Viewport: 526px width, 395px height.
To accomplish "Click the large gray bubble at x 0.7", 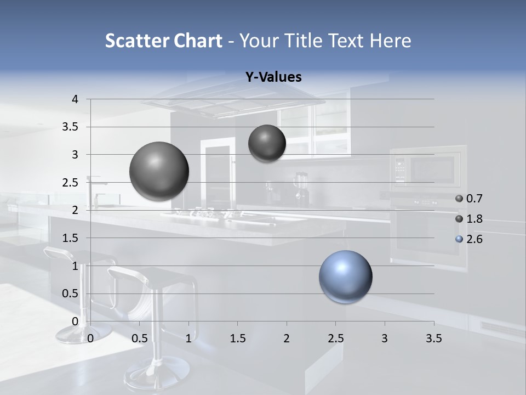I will [x=159, y=171].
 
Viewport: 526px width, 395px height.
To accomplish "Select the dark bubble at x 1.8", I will [x=267, y=143].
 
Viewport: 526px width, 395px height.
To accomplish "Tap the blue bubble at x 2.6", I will [x=345, y=276].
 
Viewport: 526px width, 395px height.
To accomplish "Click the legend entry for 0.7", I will [x=469, y=199].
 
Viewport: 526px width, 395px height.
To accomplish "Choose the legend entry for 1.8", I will [x=469, y=219].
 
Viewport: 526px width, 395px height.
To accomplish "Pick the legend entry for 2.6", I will [x=469, y=239].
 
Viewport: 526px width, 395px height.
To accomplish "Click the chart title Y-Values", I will [x=273, y=77].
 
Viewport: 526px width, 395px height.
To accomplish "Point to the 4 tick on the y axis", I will [x=76, y=99].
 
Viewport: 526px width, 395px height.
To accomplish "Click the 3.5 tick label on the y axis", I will [x=70, y=127].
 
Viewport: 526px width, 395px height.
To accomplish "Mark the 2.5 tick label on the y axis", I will [x=70, y=183].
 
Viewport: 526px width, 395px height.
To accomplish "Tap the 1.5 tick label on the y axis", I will [x=70, y=238].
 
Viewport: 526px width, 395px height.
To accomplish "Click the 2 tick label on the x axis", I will [x=286, y=338].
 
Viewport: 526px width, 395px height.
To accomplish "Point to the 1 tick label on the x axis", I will [x=188, y=338].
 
